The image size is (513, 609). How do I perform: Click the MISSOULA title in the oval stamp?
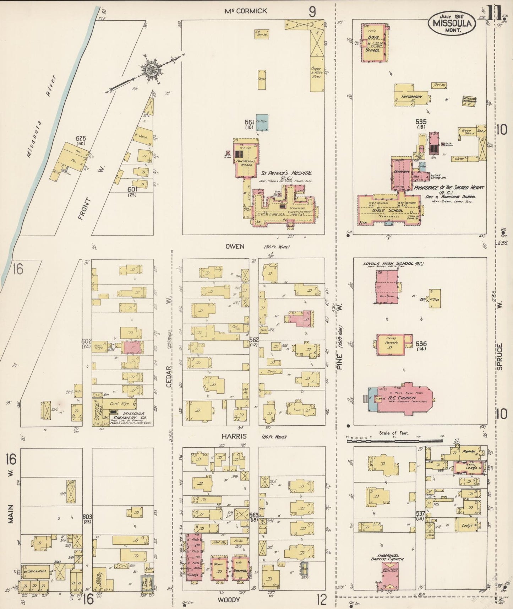click(452, 23)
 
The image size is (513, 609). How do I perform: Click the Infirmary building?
click(411, 97)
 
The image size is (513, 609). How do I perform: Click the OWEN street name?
click(235, 246)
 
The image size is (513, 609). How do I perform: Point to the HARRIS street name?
click(234, 436)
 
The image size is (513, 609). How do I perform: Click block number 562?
click(254, 340)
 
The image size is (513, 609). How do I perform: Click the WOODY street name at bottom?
click(229, 599)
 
